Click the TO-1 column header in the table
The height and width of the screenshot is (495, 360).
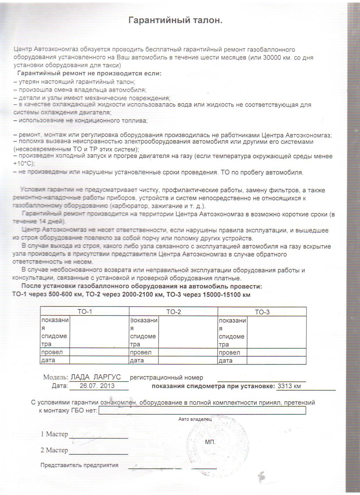click(85, 312)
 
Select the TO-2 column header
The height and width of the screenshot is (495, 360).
click(173, 312)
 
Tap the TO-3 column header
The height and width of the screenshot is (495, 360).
click(262, 312)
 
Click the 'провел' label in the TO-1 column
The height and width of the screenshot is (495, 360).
click(52, 352)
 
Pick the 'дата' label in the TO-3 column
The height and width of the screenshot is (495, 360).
click(225, 360)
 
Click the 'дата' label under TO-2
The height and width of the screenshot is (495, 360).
click(137, 360)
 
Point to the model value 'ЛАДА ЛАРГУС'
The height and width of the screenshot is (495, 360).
click(96, 377)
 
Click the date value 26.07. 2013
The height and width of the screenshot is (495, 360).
click(97, 386)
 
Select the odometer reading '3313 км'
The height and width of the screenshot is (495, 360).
click(289, 386)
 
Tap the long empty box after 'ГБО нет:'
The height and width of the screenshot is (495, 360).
click(202, 410)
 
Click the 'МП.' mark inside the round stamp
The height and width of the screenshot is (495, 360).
click(210, 442)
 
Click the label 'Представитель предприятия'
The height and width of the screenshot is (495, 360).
click(79, 465)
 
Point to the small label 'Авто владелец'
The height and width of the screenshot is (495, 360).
click(195, 419)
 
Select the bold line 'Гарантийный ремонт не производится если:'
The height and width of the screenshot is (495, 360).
click(89, 73)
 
